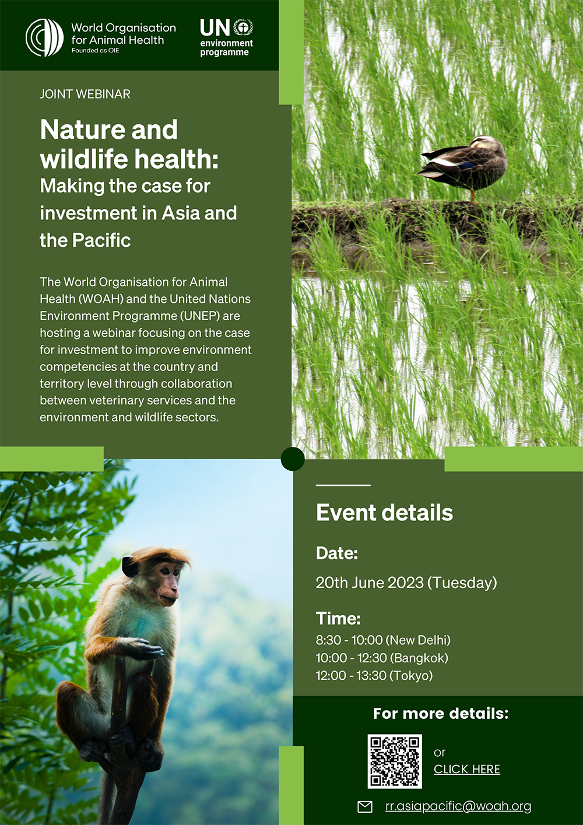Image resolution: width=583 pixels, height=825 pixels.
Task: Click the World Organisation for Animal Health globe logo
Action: coord(44,37)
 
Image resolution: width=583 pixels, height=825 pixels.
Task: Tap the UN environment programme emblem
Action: coord(243,27)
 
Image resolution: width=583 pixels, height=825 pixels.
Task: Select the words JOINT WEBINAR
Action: coord(85,95)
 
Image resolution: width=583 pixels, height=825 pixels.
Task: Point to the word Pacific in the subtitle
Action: coord(101,240)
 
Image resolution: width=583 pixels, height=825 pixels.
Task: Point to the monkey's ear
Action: coord(129,567)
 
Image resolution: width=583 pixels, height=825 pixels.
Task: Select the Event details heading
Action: coord(384,512)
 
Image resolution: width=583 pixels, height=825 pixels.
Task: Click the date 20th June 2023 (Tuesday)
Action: coord(406,583)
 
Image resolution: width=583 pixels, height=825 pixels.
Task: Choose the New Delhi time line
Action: coord(383,640)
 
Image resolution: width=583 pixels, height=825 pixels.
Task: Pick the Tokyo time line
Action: coord(374,676)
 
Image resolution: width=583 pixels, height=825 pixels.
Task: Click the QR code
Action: coord(395,761)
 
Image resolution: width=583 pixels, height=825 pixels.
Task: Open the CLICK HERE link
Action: coord(467,769)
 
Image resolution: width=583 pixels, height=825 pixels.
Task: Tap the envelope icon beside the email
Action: coord(365,807)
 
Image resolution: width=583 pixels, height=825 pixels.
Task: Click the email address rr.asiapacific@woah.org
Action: coord(458,806)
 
